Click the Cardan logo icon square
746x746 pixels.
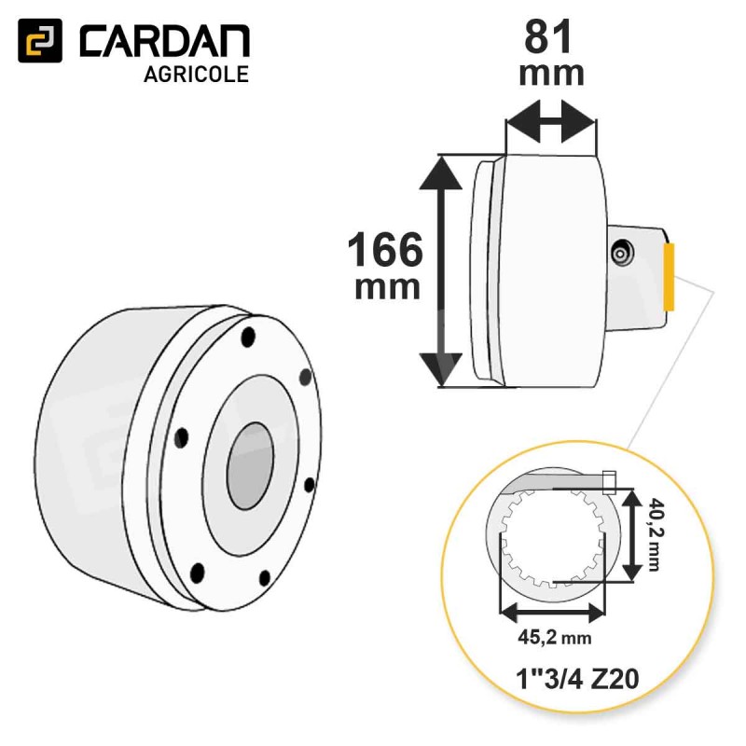tap(40, 40)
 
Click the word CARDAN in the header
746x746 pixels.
tap(165, 41)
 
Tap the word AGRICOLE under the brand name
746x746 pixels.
tap(196, 75)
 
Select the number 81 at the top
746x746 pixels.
tap(547, 37)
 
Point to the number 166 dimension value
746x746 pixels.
tap(385, 249)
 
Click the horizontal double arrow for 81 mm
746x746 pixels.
tap(551, 121)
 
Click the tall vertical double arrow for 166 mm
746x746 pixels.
tap(440, 270)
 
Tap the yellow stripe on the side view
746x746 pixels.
tap(669, 276)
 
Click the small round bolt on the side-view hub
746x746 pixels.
tap(622, 254)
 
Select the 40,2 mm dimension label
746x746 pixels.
tap(655, 534)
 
